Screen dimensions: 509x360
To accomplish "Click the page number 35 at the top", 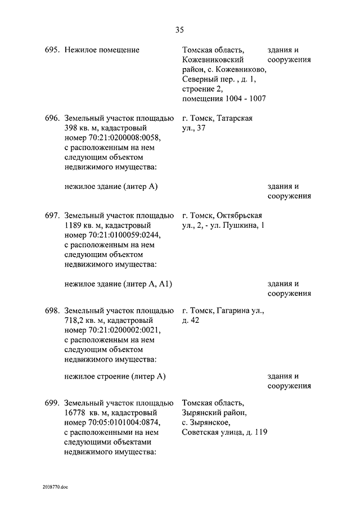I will (x=179, y=29).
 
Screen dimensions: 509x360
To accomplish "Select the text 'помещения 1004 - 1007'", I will (x=224, y=99).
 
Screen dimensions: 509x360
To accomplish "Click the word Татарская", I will (x=233, y=119).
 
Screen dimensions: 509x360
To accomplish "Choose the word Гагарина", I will (x=233, y=310).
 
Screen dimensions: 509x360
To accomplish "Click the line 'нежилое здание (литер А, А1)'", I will (x=118, y=283).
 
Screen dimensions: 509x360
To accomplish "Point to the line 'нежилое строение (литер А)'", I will (x=115, y=376).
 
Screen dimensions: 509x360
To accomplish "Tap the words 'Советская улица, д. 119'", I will (x=224, y=432).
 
